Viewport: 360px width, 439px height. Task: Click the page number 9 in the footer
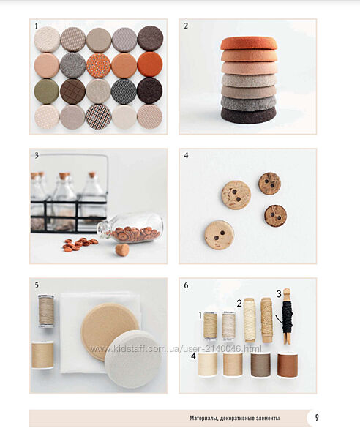tap(317, 418)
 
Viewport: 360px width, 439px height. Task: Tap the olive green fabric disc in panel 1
tap(47, 91)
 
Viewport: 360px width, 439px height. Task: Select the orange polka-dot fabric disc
tap(98, 66)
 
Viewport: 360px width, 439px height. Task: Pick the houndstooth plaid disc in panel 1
tap(98, 117)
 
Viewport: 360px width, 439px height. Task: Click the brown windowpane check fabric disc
tap(72, 91)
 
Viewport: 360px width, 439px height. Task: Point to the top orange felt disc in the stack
tap(249, 43)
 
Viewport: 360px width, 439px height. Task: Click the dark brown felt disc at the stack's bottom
tap(249, 115)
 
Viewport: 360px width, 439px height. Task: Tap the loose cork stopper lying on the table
tap(122, 249)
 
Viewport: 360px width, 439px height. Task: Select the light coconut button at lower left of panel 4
tap(219, 235)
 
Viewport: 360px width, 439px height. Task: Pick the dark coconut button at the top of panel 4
tap(269, 184)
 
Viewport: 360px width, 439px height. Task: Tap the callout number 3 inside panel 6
tap(279, 294)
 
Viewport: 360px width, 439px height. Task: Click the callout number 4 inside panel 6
tap(193, 356)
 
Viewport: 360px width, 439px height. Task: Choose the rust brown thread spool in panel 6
tap(288, 365)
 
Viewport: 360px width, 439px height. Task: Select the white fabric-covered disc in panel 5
tap(133, 359)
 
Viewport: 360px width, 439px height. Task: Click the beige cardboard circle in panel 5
tap(109, 331)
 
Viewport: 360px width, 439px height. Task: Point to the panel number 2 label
tap(186, 26)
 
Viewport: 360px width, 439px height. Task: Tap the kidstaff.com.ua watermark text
tap(176, 349)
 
